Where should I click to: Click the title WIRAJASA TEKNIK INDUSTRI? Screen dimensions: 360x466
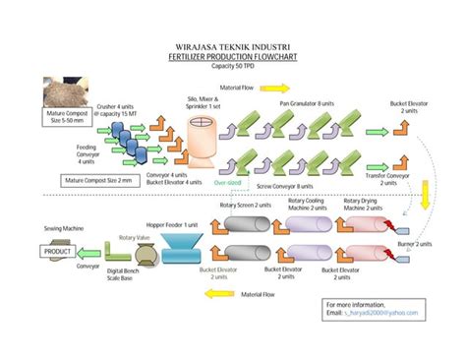pyautogui.click(x=233, y=44)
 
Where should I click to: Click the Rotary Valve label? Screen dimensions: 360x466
pyautogui.click(x=135, y=238)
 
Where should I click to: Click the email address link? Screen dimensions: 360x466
pyautogui.click(x=372, y=313)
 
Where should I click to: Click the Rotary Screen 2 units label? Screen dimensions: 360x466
pyautogui.click(x=249, y=205)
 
